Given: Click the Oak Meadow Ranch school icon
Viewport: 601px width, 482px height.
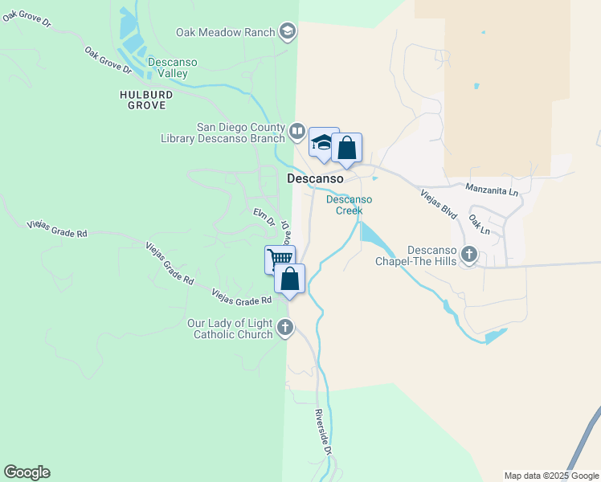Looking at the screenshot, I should pos(287,32).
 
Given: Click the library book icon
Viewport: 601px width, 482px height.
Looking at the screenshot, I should pos(296,131).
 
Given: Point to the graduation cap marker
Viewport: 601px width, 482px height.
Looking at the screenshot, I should pos(322,143).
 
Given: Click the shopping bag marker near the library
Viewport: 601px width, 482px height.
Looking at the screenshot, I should pos(346,149).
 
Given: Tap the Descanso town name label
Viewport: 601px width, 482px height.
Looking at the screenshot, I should pos(316,178).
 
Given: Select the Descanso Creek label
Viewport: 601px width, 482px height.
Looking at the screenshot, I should pos(349,205).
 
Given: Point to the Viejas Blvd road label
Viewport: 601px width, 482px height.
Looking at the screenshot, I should pos(439,204).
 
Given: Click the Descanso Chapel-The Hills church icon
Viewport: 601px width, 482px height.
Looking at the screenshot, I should pos(469,255).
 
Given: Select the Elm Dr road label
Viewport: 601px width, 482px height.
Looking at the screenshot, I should pos(264,217).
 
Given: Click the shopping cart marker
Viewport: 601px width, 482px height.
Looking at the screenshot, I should pos(279,259).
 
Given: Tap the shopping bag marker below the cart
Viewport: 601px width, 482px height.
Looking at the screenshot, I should pos(290,279).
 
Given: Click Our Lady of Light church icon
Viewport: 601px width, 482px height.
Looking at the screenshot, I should pos(285,327).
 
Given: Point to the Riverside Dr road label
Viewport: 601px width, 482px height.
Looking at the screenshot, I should pos(322,432).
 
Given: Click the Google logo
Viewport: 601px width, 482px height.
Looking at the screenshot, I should pos(27,472).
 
